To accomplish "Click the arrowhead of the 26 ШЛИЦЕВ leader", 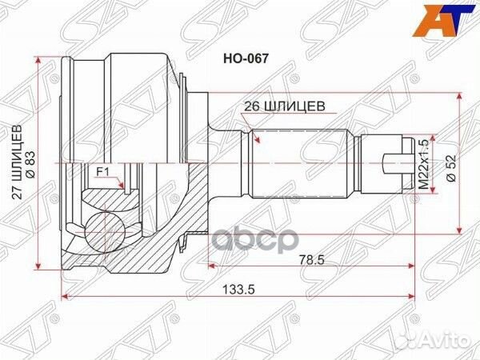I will click(258, 141).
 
